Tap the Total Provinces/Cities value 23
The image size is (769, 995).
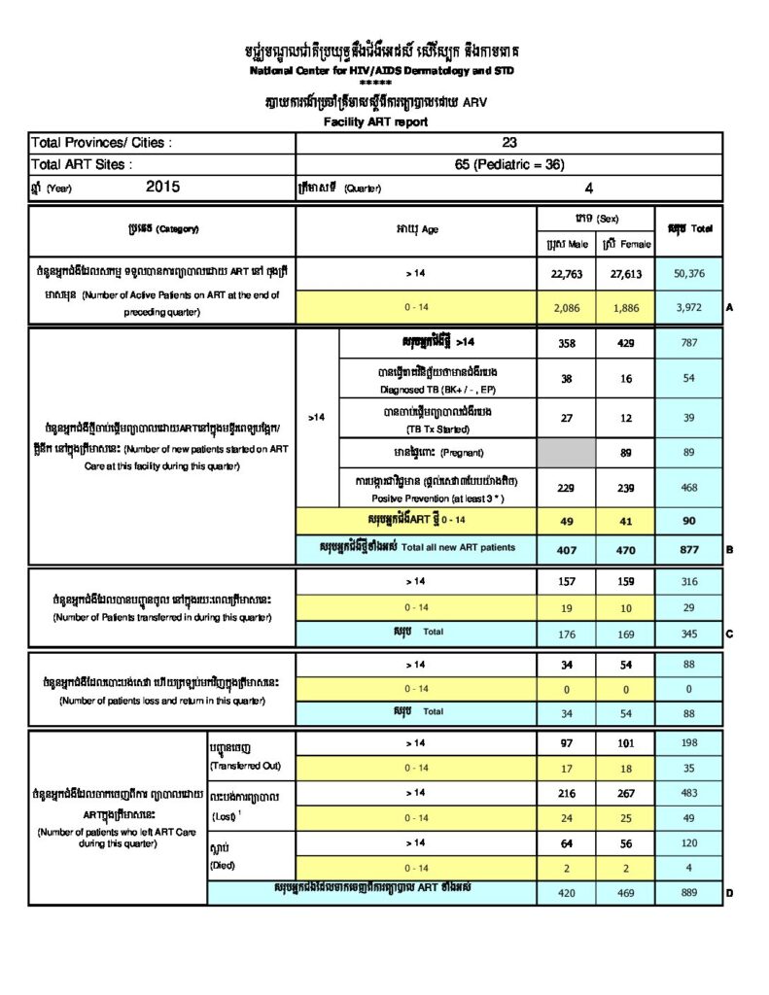coord(509,143)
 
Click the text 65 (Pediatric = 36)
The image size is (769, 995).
coord(509,164)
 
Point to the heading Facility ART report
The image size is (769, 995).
coord(375,122)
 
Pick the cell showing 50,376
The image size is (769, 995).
coord(688,274)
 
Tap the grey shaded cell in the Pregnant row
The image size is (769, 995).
coord(566,452)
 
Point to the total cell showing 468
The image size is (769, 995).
coord(688,488)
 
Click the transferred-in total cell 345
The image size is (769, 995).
coord(688,633)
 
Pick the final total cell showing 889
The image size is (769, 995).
coord(688,891)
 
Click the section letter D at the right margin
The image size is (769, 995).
coord(729,892)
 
